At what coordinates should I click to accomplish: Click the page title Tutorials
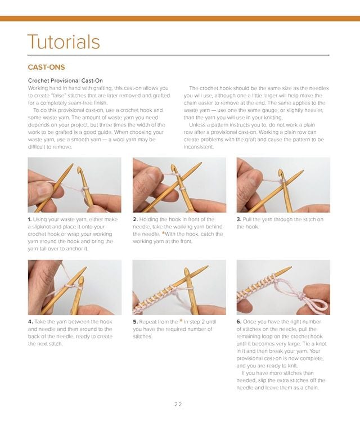[64, 42]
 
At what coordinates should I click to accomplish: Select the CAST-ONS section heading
[46, 67]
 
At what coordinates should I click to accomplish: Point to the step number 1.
[30, 219]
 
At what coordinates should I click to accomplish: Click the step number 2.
[135, 219]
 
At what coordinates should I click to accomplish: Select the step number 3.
[238, 219]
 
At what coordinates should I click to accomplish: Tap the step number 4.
[30, 322]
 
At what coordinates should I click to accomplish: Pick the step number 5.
[135, 322]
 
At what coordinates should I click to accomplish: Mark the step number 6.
[238, 322]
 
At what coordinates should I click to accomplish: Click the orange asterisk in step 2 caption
[164, 234]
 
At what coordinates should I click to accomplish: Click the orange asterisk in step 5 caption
[181, 322]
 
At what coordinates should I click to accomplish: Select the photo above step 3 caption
[283, 185]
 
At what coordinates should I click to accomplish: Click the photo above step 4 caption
[74, 287]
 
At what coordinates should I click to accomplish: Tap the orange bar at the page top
[180, 19]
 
